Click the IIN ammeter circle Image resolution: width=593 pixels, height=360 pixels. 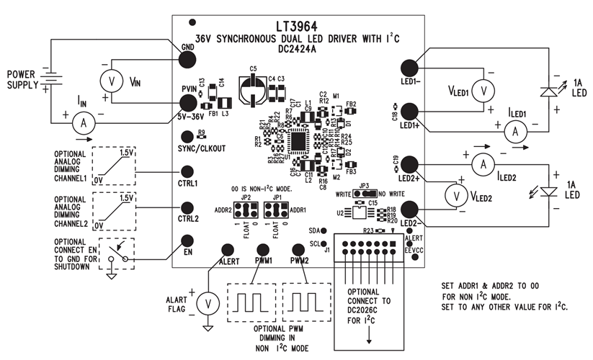coord(84,123)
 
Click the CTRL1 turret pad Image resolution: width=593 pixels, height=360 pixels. coord(189,173)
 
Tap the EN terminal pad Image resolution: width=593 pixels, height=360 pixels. coord(187,241)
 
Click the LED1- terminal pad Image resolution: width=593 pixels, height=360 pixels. coord(411,68)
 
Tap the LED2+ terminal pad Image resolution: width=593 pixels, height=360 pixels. coord(411,166)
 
